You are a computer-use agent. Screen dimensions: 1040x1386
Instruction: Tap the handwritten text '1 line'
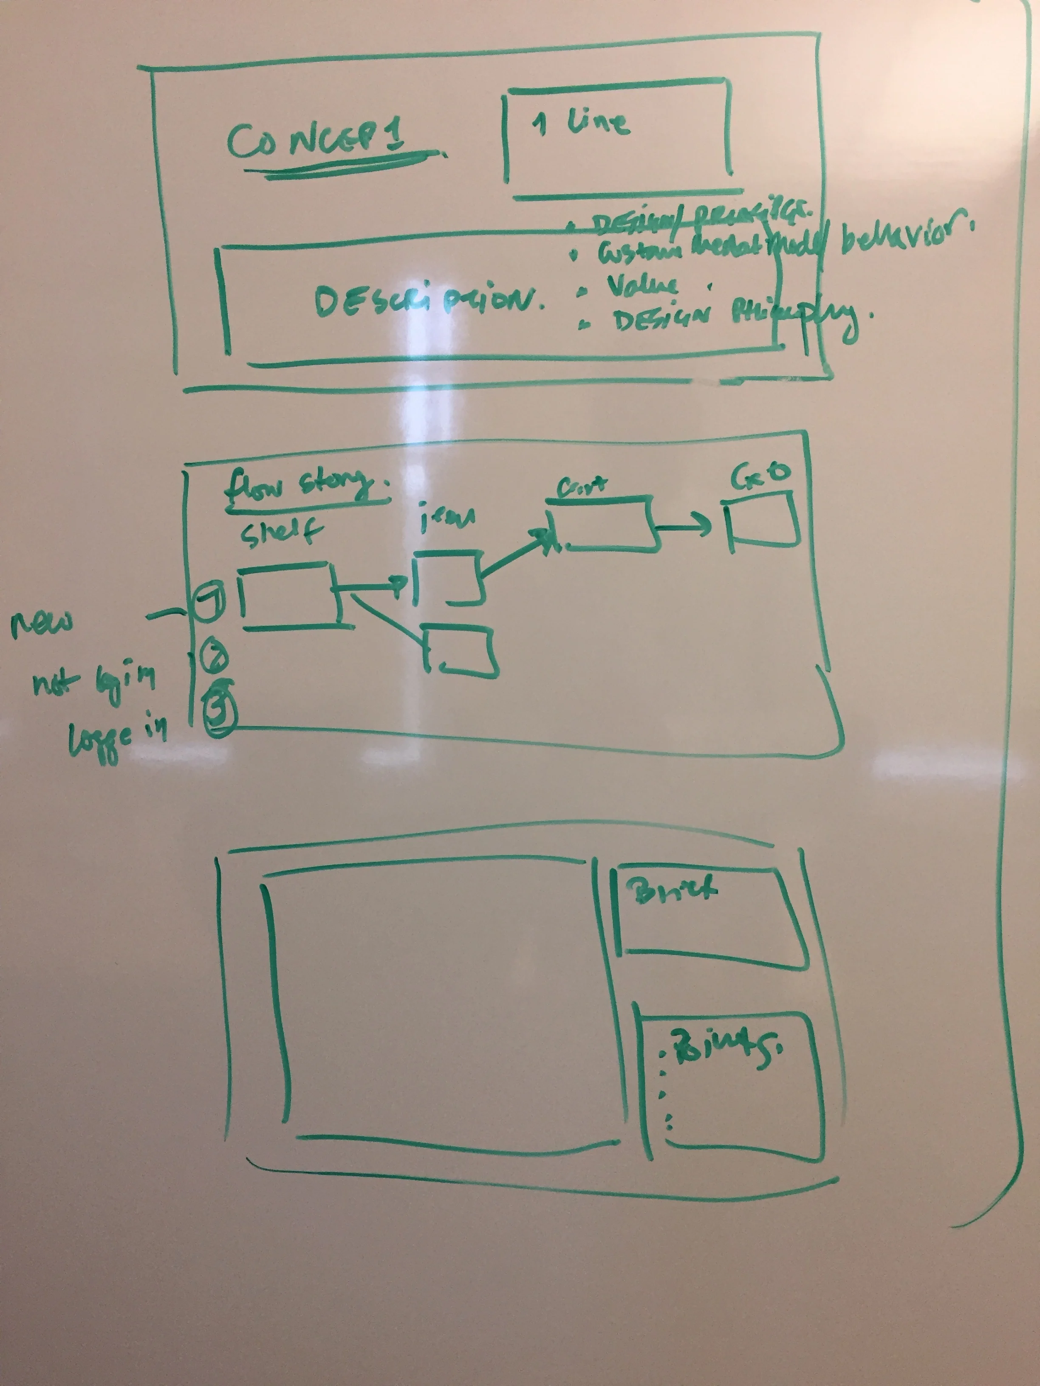[580, 124]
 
